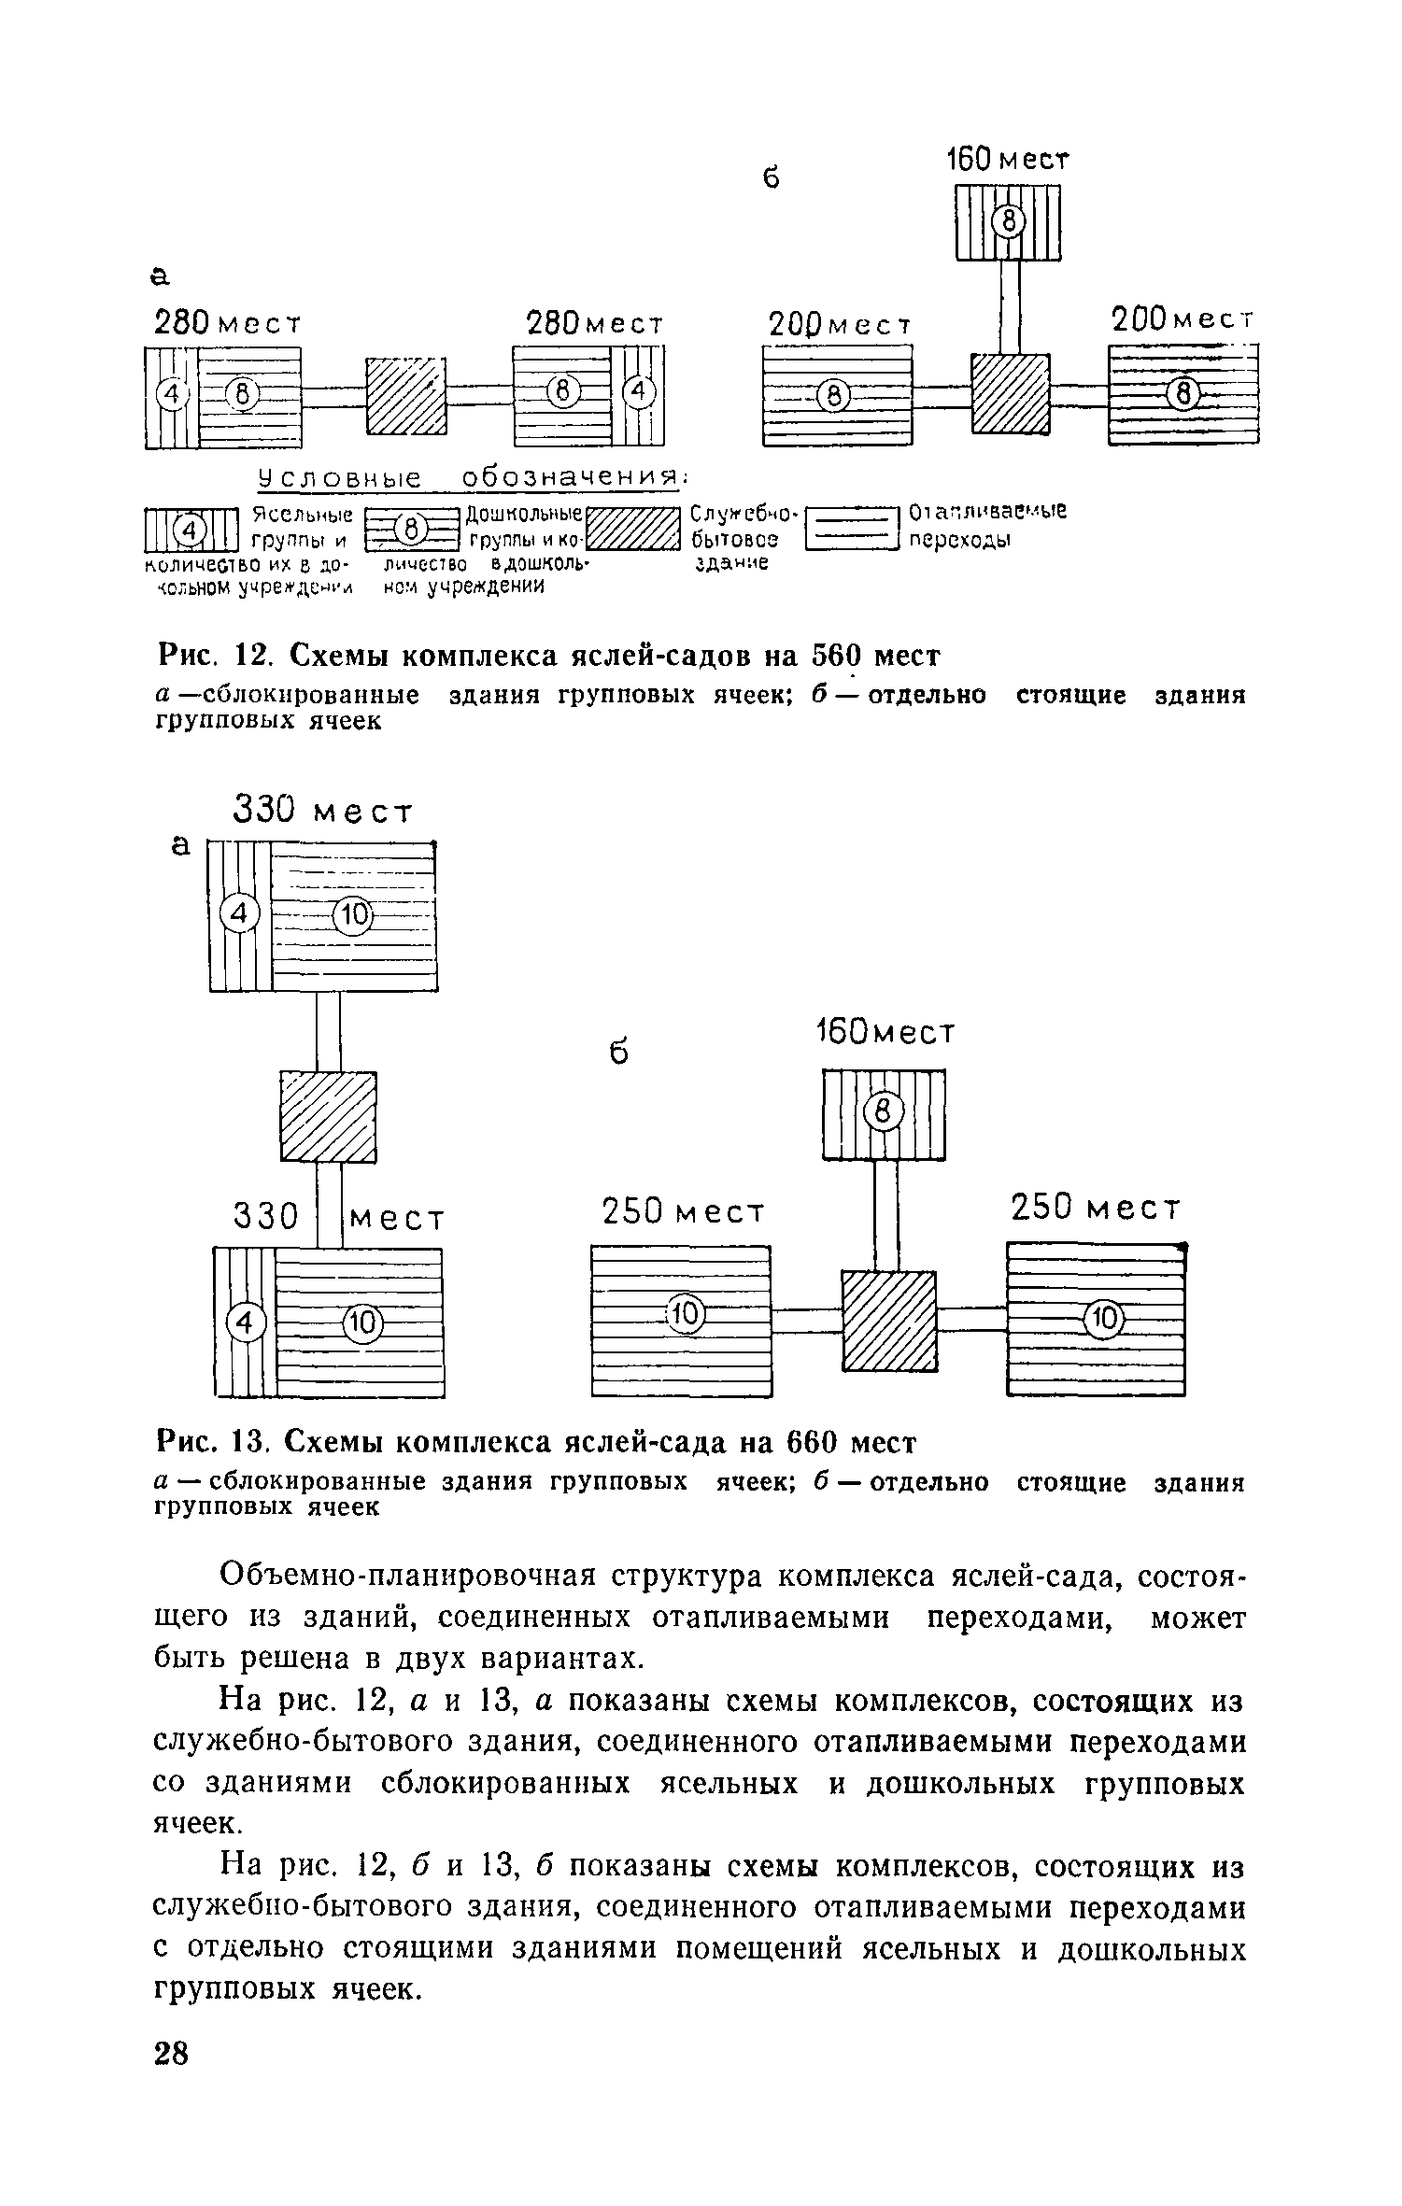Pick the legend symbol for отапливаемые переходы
[850, 529]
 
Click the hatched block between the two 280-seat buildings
[404, 396]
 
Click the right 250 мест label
[1096, 1209]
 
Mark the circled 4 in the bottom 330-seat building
[246, 1322]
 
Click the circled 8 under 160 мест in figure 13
[884, 1111]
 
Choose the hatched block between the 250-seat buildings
[888, 1321]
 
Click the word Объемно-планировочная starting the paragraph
[406, 1577]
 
